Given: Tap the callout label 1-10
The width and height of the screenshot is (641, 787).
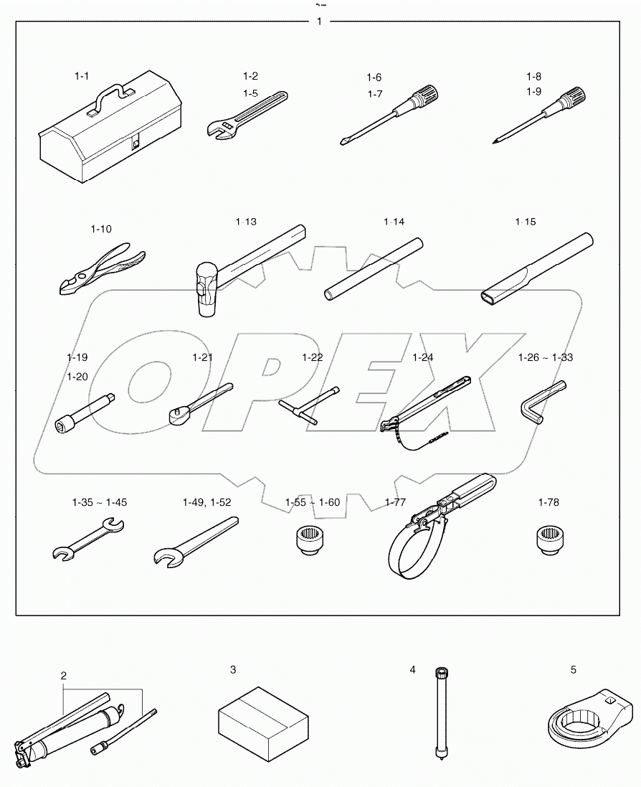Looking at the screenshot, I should click(x=101, y=229).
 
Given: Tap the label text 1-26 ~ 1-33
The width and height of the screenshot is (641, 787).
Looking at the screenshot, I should click(x=546, y=357).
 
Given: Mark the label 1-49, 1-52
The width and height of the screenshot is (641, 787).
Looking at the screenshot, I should click(x=206, y=501).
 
